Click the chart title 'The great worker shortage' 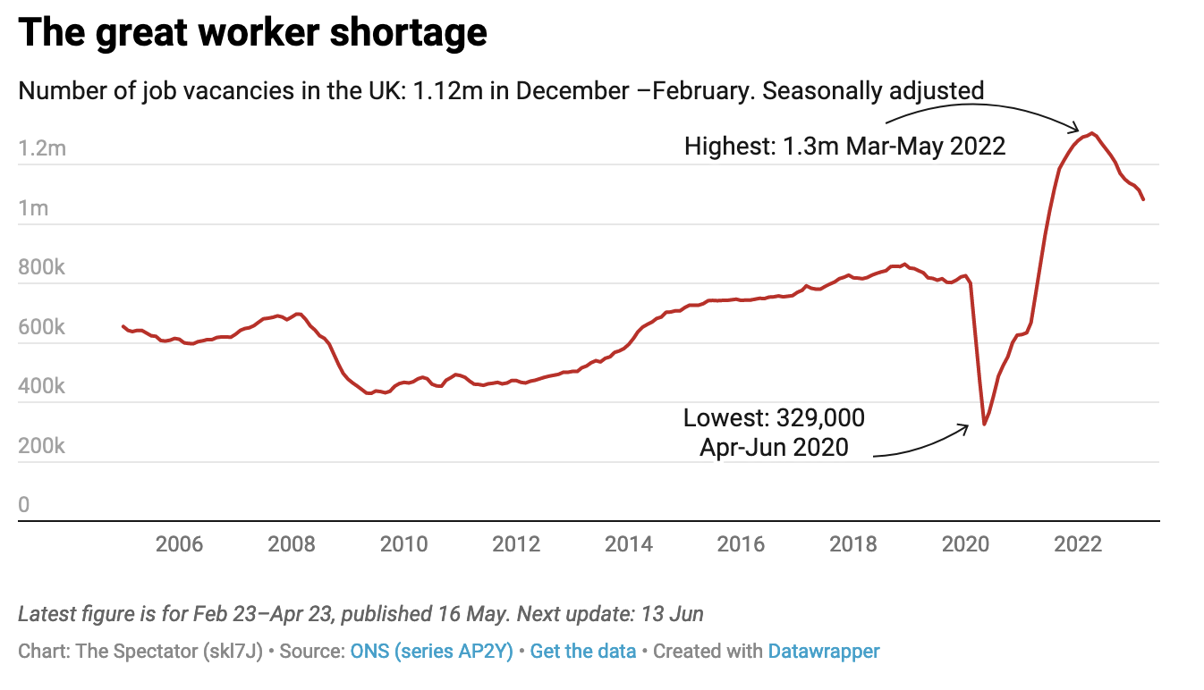tap(252, 33)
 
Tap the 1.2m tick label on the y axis tap(42, 148)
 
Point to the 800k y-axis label tap(41, 267)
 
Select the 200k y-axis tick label tap(41, 446)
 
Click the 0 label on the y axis tap(24, 505)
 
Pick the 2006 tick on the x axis tap(179, 544)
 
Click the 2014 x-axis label tap(629, 544)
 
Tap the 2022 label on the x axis tap(1078, 544)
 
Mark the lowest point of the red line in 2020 tap(984, 424)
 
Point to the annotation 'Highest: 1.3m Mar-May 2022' tap(844, 146)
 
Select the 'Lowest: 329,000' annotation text tap(774, 417)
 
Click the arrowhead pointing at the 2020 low tap(967, 426)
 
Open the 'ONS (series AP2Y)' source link tap(431, 652)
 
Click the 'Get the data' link tap(582, 652)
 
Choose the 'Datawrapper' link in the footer tap(824, 652)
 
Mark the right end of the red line tap(1143, 199)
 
